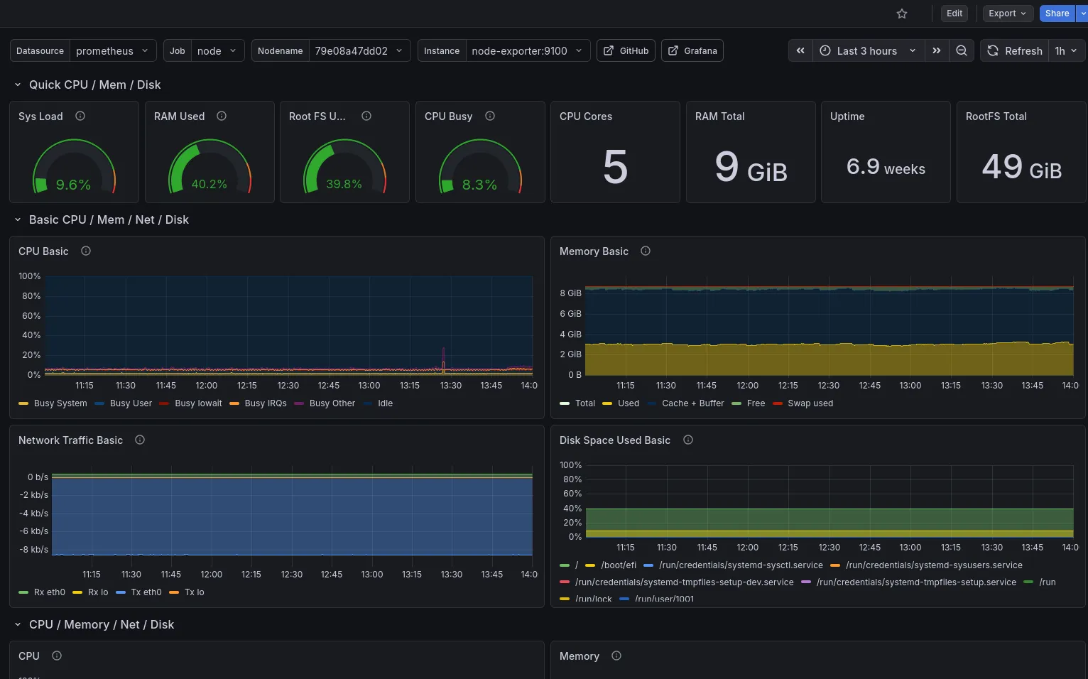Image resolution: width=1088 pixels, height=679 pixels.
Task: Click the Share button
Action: (1057, 13)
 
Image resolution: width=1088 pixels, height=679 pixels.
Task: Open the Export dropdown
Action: (1007, 13)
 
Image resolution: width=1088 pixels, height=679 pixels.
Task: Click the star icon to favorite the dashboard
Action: (902, 13)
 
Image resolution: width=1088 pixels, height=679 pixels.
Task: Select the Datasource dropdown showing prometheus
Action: (112, 51)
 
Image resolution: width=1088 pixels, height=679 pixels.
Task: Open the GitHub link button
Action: (626, 51)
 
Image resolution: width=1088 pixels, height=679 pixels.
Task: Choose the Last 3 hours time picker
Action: (868, 51)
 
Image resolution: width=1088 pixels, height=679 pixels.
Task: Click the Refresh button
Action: (1015, 51)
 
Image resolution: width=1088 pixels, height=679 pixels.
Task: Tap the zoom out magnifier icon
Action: (962, 51)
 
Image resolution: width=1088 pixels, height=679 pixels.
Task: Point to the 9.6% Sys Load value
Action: (73, 185)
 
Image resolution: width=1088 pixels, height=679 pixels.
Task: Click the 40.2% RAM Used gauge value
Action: (209, 184)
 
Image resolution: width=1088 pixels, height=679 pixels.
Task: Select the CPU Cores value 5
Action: (615, 168)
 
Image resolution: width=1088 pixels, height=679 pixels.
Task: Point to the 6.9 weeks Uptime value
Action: (886, 168)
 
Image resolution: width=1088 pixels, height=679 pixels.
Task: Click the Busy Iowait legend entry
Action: (198, 403)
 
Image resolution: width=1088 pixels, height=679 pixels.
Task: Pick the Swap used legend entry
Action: (810, 403)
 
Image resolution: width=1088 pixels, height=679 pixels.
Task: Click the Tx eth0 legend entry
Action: (146, 592)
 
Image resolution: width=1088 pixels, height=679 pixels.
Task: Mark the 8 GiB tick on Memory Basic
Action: (570, 293)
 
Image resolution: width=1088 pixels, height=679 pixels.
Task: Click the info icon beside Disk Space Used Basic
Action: (688, 440)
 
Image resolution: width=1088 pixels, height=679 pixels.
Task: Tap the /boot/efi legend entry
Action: (618, 565)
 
